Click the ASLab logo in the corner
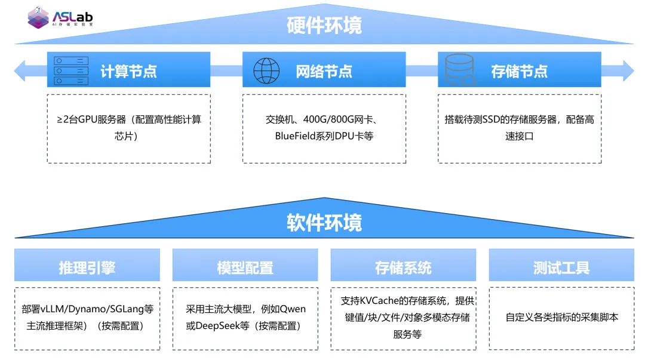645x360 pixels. pyautogui.click(x=60, y=18)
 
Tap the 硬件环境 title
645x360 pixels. pyautogui.click(x=324, y=26)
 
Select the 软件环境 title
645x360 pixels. pyautogui.click(x=324, y=223)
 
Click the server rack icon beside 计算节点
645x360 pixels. pyautogui.click(x=71, y=70)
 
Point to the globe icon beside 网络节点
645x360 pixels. pyautogui.click(x=266, y=70)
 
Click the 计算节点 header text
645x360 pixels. pyautogui.click(x=128, y=72)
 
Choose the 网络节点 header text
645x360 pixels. pyautogui.click(x=324, y=72)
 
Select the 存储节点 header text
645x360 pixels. pyautogui.click(x=519, y=72)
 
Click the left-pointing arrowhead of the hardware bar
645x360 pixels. pyautogui.click(x=20, y=70)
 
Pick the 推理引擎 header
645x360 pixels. pyautogui.click(x=87, y=267)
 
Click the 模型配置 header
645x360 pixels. pyautogui.click(x=245, y=267)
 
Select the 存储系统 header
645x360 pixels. pyautogui.click(x=403, y=267)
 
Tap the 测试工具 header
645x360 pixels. pyautogui.click(x=561, y=267)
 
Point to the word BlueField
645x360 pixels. pyautogui.click(x=296, y=136)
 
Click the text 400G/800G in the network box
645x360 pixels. pyautogui.click(x=330, y=119)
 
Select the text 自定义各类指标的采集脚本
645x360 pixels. pyautogui.click(x=561, y=317)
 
